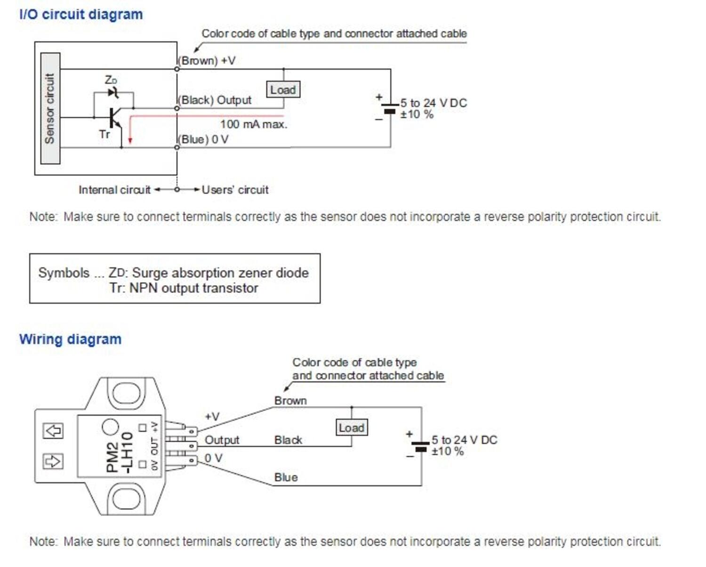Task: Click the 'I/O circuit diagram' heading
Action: tap(81, 14)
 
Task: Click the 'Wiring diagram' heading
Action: tap(70, 339)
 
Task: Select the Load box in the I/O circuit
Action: tap(283, 89)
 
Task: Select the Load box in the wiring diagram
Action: tap(352, 428)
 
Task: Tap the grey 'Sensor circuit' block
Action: tap(50, 108)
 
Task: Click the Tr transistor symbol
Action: tap(114, 118)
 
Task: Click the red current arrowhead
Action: tap(130, 140)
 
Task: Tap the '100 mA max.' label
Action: tap(253, 124)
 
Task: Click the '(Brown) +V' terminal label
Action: tap(207, 61)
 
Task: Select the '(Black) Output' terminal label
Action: tap(215, 100)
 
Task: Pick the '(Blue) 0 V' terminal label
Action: tap(203, 139)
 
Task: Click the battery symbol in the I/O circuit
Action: tap(390, 108)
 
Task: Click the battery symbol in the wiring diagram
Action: tap(420, 446)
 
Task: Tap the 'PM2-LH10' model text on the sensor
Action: tap(120, 452)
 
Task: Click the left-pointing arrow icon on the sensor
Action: tap(53, 430)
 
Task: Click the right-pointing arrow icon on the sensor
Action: tap(53, 461)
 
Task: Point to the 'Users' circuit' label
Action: tap(235, 190)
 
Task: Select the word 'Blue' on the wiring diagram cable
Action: tap(286, 478)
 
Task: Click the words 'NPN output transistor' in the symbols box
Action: tap(193, 288)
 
